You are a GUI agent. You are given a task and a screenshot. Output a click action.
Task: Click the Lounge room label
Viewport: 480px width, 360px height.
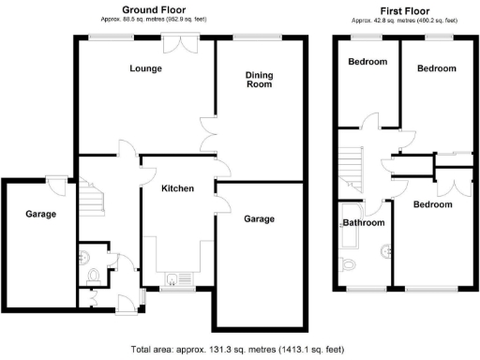coord(145,68)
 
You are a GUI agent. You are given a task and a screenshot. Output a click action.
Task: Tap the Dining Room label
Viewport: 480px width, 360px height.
coord(259,80)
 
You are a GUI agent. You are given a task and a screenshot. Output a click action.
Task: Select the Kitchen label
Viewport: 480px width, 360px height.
coord(177,188)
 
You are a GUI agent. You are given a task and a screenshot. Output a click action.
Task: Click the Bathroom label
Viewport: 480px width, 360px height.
coord(363,223)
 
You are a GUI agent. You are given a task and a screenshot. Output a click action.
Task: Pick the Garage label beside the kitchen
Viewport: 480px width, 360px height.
coord(259,219)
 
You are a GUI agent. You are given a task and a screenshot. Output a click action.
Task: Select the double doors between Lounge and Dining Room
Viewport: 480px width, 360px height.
coord(210,135)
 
